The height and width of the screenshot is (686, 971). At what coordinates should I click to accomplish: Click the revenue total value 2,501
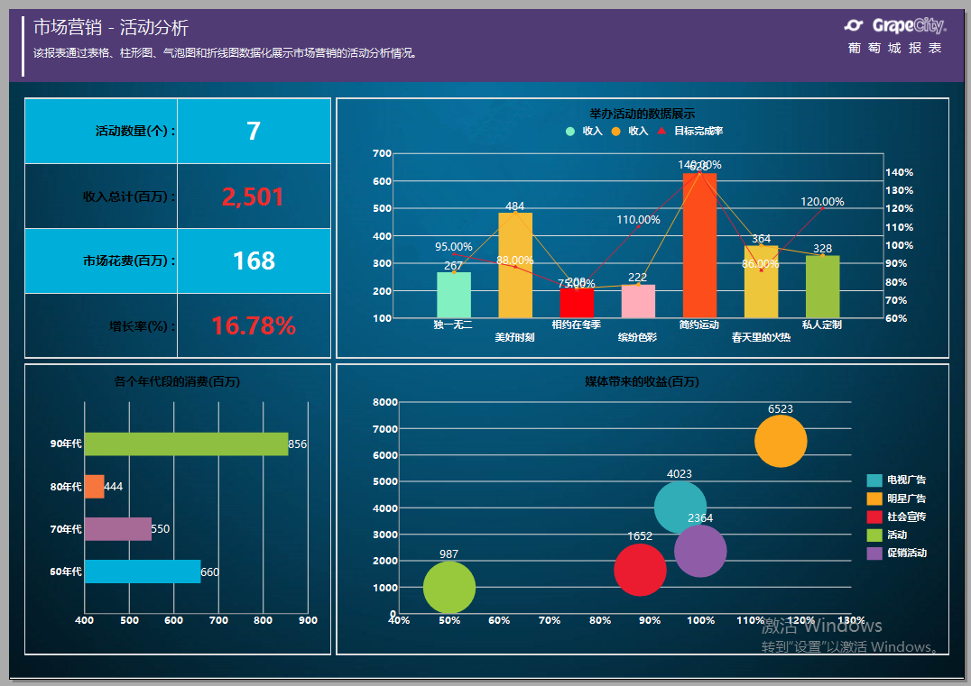(x=253, y=197)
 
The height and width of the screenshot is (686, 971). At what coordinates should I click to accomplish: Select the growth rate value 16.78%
(x=253, y=326)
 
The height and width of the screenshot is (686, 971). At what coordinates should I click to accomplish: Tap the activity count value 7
(x=253, y=132)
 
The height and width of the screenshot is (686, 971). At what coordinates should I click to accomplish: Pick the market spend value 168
(x=253, y=261)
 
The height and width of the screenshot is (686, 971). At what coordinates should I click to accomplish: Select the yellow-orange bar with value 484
(x=515, y=265)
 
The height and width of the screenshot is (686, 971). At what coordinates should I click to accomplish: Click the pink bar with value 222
(x=638, y=301)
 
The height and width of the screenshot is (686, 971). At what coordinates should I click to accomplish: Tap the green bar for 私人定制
(x=822, y=287)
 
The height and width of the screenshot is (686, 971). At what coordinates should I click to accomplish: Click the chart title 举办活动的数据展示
(x=642, y=114)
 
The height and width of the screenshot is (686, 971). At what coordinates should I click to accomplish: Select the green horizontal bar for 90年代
(x=186, y=444)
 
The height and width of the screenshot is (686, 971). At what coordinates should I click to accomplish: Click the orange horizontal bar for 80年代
(x=94, y=487)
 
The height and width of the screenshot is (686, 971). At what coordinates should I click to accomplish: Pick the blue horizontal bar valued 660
(x=143, y=572)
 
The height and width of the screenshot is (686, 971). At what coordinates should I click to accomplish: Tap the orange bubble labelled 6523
(x=781, y=441)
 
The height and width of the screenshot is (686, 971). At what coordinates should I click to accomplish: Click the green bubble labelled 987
(x=449, y=588)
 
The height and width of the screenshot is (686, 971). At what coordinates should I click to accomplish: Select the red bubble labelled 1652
(x=640, y=570)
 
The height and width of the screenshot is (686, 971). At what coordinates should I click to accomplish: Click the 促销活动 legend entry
(x=906, y=553)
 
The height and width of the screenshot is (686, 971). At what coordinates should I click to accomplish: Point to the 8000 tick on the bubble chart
(x=385, y=402)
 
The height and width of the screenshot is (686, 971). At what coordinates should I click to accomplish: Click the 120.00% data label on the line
(x=822, y=202)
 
